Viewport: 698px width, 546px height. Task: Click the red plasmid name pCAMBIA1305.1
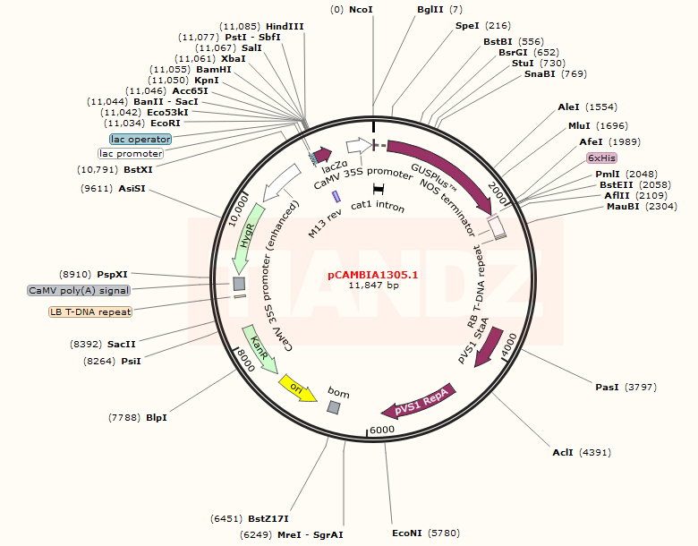click(374, 275)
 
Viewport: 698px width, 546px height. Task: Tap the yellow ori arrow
click(296, 388)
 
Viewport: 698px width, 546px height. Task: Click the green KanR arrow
click(258, 348)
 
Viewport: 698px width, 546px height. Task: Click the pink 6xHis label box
click(602, 158)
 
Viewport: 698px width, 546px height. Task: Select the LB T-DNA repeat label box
click(90, 312)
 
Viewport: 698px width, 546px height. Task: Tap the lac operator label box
click(140, 140)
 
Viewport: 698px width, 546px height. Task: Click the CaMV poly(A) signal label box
click(79, 290)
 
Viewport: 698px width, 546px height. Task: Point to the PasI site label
click(608, 388)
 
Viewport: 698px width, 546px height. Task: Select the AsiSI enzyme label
click(132, 189)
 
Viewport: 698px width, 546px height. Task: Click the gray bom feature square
click(333, 408)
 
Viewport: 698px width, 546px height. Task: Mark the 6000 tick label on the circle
click(382, 431)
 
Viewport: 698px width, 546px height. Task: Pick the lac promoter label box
click(137, 154)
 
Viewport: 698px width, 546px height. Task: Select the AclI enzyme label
click(563, 452)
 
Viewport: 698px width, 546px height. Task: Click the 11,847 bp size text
click(374, 286)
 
